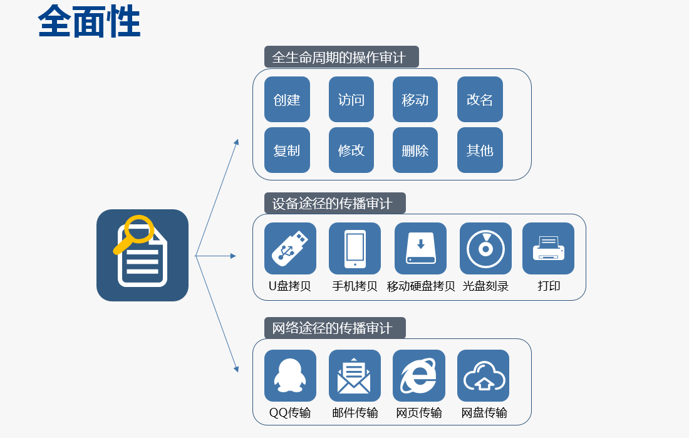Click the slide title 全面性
click(89, 23)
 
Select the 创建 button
click(287, 100)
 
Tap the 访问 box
click(351, 100)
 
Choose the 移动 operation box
click(415, 100)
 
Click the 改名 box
click(480, 100)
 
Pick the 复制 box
click(287, 150)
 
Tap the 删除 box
click(415, 150)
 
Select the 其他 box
click(480, 150)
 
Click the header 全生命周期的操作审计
click(341, 57)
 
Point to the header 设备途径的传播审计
click(334, 203)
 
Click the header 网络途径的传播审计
click(334, 328)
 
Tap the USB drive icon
click(290, 248)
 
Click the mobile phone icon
click(355, 248)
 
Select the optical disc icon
click(485, 248)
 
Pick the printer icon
click(548, 248)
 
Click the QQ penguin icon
click(290, 375)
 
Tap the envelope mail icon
click(355, 375)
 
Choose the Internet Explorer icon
click(418, 375)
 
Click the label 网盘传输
click(484, 413)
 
